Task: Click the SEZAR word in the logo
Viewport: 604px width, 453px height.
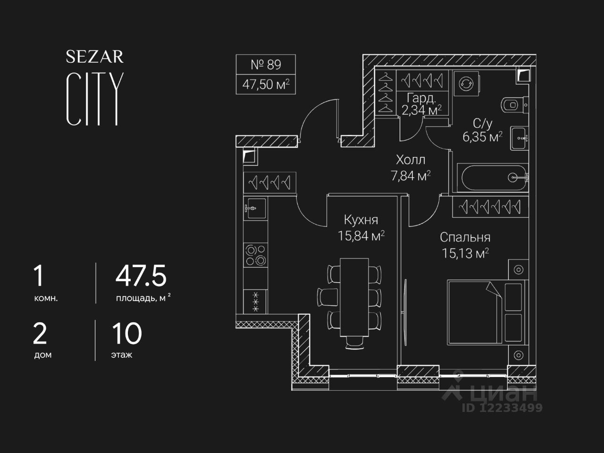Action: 95,57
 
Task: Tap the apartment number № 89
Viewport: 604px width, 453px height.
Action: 266,65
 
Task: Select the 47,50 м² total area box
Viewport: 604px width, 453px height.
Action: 266,84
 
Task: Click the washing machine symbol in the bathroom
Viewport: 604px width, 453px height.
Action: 466,84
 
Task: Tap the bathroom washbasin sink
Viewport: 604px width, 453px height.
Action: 519,138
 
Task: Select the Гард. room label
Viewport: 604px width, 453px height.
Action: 421,98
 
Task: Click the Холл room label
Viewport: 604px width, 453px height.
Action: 411,160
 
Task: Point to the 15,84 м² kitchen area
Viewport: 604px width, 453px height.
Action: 361,236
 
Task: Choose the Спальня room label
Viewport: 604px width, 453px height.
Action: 465,238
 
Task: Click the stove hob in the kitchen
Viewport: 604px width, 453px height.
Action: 255,255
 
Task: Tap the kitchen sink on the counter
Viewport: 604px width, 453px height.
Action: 255,208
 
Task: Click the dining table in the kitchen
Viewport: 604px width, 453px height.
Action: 354,297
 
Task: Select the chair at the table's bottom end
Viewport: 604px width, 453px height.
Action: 354,343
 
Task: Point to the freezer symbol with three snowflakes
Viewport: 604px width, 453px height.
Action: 255,302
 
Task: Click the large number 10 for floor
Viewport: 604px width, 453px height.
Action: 127,333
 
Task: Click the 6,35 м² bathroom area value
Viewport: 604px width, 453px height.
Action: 482,137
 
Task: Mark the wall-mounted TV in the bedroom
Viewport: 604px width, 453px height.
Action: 406,312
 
